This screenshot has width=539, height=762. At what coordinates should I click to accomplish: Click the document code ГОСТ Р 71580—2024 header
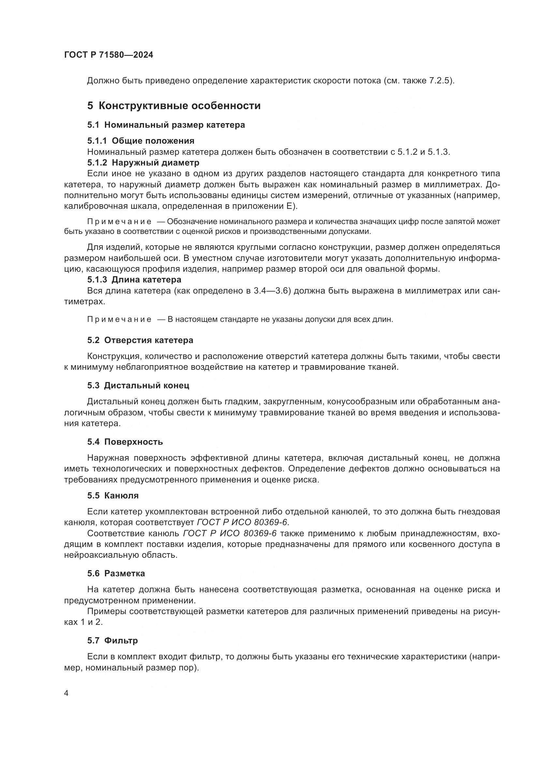(x=109, y=55)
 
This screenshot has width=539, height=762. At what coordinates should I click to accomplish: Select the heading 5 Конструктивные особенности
(x=174, y=106)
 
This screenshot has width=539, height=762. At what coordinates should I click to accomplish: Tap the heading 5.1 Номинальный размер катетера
(x=166, y=125)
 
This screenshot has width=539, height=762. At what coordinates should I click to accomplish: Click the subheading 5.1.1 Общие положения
(x=141, y=141)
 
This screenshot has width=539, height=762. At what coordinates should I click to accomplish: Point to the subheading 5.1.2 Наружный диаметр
(x=143, y=163)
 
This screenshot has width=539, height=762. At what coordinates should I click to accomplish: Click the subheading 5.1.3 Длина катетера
(x=134, y=280)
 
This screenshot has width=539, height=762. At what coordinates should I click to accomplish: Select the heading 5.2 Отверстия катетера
(x=140, y=340)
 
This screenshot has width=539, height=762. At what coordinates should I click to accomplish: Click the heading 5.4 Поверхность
(x=125, y=442)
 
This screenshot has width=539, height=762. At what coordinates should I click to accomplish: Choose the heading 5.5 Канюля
(x=113, y=496)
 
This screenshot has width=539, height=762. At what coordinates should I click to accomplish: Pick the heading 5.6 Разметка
(x=116, y=573)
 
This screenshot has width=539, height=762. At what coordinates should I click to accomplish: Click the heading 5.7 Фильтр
(x=112, y=640)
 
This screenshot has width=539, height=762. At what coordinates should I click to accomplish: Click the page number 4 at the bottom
(x=66, y=694)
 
